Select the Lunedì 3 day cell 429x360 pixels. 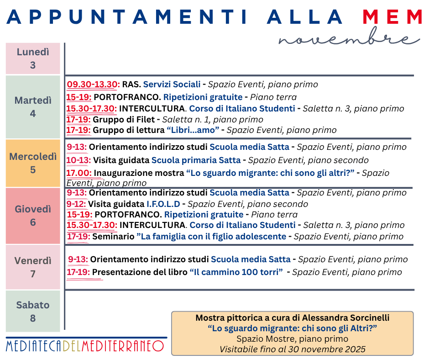(x=33, y=58)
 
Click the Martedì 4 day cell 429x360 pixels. (x=33, y=107)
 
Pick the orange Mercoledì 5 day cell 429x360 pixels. (x=33, y=163)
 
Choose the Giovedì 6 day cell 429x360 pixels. (x=33, y=216)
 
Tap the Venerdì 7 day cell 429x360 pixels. (x=33, y=267)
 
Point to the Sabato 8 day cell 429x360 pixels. (x=33, y=311)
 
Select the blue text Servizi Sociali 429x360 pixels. (x=172, y=85)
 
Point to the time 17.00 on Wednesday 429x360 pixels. (x=79, y=173)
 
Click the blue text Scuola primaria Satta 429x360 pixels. (x=196, y=160)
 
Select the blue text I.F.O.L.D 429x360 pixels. (x=163, y=204)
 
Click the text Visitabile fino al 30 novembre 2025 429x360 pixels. (x=293, y=349)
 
